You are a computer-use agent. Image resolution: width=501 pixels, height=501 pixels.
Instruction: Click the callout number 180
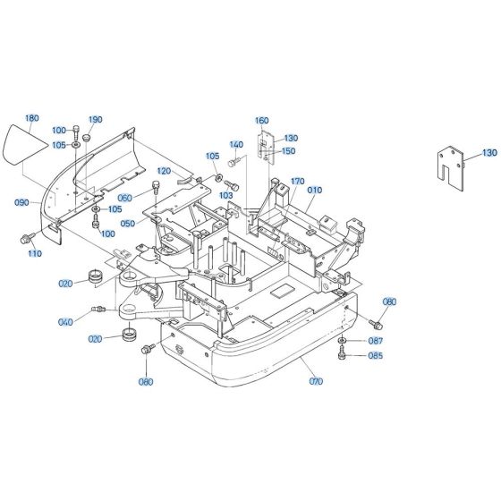click(x=32, y=118)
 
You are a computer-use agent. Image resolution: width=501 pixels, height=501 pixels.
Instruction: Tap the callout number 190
click(x=96, y=119)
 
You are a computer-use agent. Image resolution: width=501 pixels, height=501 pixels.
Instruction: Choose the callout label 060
click(x=124, y=198)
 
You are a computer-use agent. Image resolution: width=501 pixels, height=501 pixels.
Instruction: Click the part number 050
click(x=128, y=223)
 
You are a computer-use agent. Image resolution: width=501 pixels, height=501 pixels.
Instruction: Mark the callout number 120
click(x=164, y=170)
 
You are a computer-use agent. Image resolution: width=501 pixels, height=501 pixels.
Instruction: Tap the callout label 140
click(x=236, y=144)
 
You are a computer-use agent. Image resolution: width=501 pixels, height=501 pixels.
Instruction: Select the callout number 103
click(x=226, y=194)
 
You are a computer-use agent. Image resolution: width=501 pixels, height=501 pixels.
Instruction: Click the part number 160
click(x=261, y=120)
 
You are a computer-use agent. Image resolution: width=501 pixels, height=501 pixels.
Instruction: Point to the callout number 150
click(x=289, y=150)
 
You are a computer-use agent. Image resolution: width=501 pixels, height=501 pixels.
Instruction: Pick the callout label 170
click(x=298, y=181)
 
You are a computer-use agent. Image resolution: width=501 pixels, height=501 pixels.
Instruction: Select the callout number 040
click(x=65, y=322)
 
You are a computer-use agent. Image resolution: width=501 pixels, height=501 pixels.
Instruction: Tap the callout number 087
click(x=375, y=341)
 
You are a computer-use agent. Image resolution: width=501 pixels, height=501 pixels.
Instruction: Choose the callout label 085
click(x=375, y=356)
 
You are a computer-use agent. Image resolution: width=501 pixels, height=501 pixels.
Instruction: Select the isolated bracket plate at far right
click(x=451, y=166)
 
